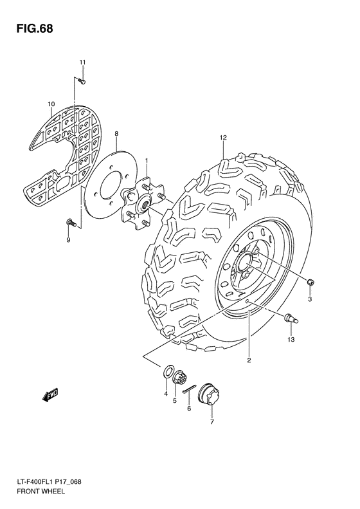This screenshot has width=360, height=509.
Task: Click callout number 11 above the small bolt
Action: [x=82, y=62]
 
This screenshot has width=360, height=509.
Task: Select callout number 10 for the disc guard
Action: [x=51, y=104]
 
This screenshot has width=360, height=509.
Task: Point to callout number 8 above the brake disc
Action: [x=116, y=134]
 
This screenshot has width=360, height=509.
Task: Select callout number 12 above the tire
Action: [x=223, y=138]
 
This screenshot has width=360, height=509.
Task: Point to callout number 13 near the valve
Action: [x=291, y=339]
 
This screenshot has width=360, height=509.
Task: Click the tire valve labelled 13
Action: [x=289, y=316]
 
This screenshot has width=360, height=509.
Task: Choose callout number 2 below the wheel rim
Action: [x=248, y=360]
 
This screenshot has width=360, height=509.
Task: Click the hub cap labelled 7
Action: [x=209, y=393]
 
